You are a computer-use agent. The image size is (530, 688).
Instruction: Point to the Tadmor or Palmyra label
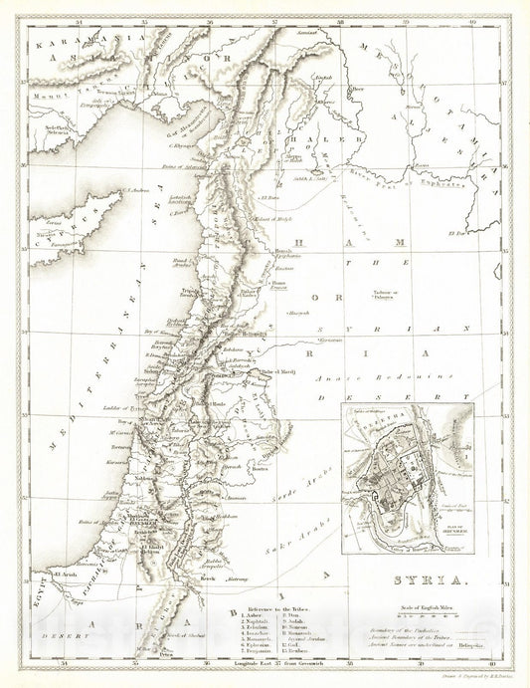click(x=388, y=295)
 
